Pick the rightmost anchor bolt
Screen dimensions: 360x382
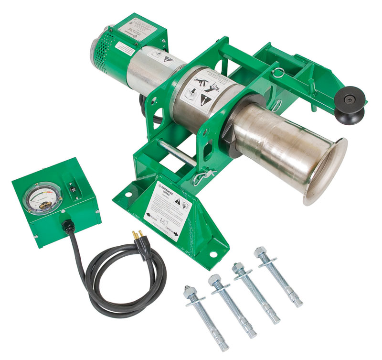pos(280,278)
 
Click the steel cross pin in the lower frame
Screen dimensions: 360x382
pos(177,153)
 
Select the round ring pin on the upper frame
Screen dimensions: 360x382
pos(278,73)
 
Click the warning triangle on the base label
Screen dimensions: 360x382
pos(178,203)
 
